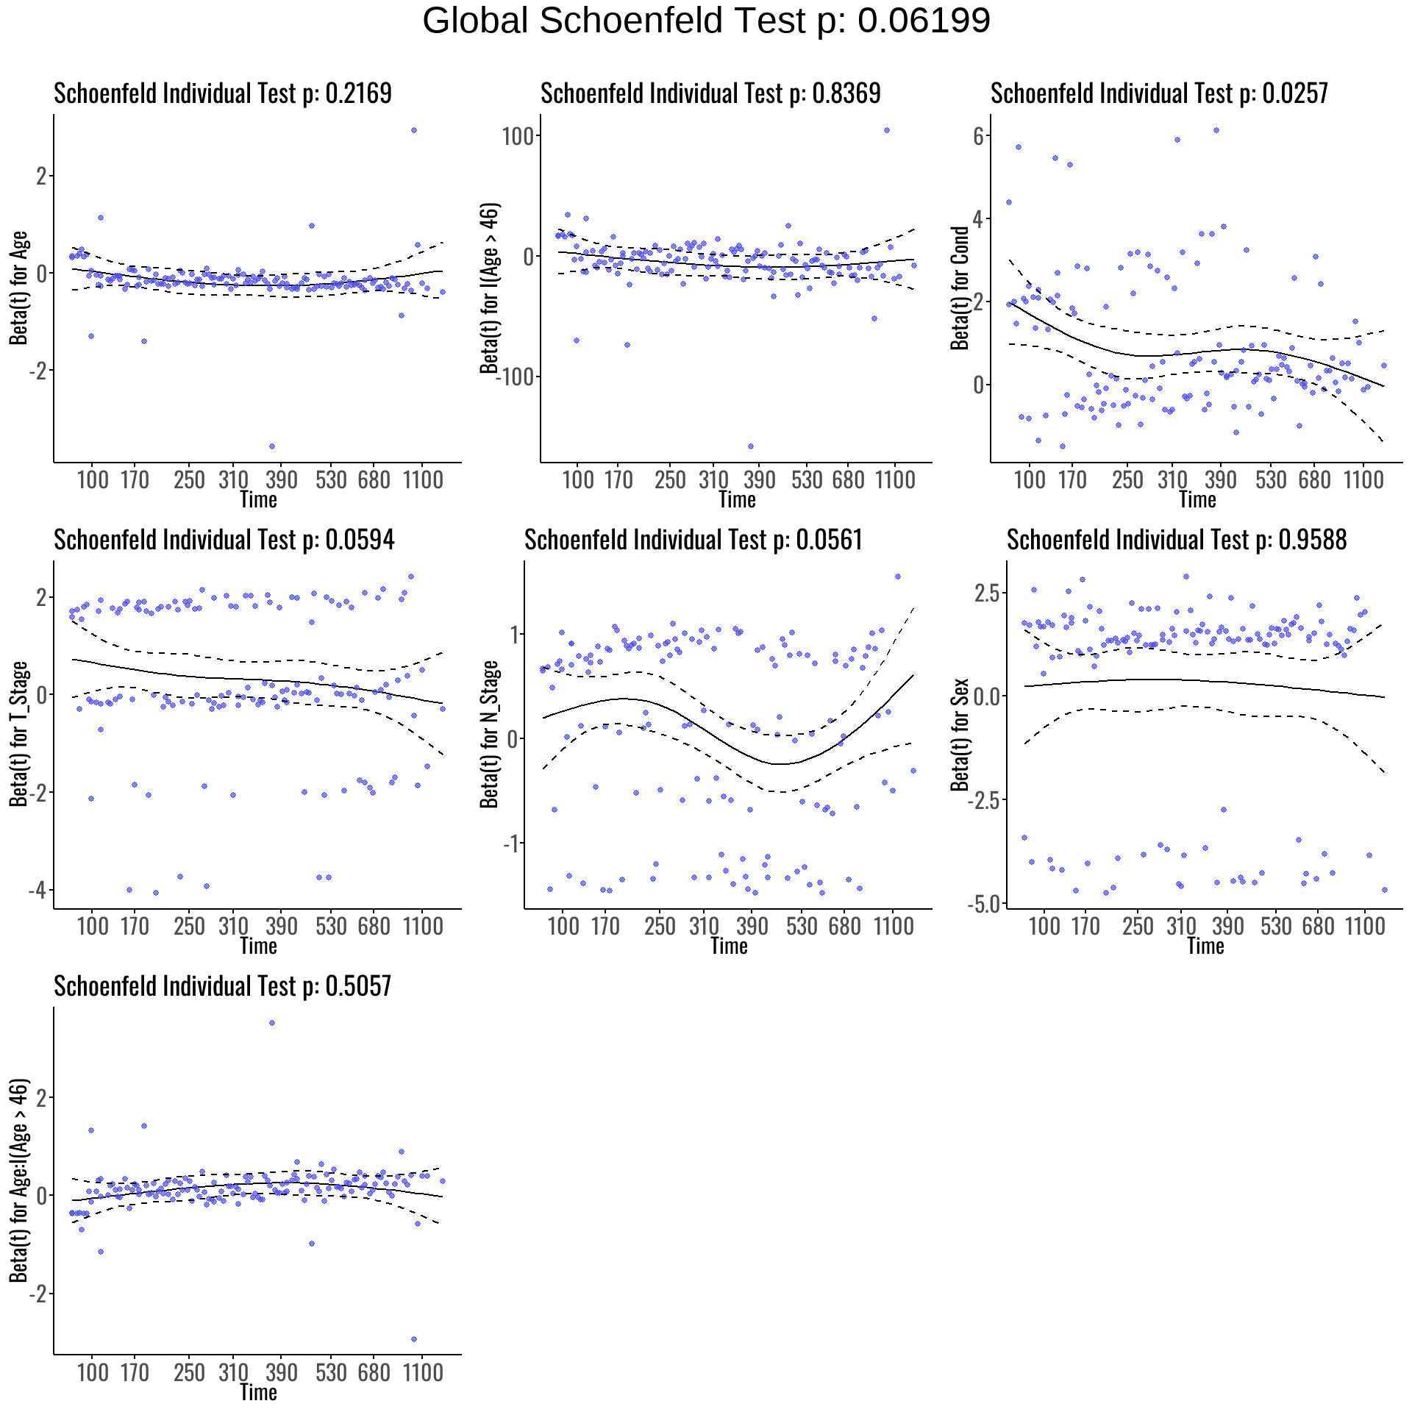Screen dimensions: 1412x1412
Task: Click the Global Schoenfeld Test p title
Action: [x=706, y=21]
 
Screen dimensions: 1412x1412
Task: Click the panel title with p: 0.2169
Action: [x=223, y=93]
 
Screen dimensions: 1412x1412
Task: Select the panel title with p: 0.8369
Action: [x=710, y=93]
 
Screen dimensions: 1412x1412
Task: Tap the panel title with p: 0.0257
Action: [x=1159, y=93]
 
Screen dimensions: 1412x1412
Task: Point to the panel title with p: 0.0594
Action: [x=224, y=540]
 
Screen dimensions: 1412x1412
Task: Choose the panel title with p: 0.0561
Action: [x=693, y=540]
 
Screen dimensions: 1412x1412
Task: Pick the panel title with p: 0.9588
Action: [x=1177, y=540]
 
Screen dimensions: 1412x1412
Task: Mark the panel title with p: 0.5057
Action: [x=223, y=986]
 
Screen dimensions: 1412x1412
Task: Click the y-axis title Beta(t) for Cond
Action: [x=960, y=288]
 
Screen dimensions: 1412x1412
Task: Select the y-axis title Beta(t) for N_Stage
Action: [x=490, y=734]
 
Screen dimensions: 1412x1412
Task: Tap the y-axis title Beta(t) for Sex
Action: [x=960, y=734]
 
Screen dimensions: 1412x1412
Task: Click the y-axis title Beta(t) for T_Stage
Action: [x=19, y=734]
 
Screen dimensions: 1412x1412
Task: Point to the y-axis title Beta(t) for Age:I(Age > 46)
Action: [x=19, y=1180]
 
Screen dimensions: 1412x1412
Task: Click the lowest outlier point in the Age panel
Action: [x=272, y=446]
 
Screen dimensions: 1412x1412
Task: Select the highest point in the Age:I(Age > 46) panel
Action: [x=272, y=1023]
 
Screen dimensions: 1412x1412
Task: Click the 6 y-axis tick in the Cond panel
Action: [x=978, y=136]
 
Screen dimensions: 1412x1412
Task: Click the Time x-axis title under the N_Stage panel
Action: [x=729, y=946]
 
